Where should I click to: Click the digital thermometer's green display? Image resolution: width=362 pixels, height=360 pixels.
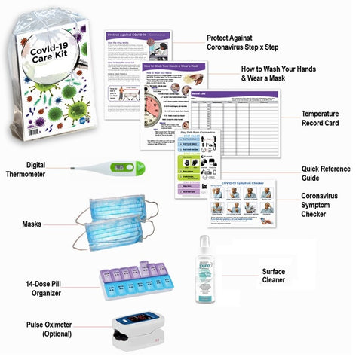tap(120, 167)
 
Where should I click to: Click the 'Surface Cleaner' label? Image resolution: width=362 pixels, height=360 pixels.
tap(274, 276)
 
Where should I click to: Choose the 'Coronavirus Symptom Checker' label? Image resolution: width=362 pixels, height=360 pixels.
tap(325, 204)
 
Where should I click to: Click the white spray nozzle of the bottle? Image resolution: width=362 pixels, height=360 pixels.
tap(203, 242)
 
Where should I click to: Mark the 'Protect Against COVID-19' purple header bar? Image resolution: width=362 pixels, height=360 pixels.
tap(138, 36)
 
